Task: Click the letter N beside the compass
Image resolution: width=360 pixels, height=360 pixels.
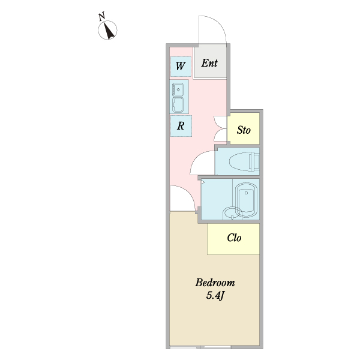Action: [x=102, y=17]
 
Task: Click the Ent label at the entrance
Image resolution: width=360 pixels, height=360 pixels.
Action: [x=209, y=63]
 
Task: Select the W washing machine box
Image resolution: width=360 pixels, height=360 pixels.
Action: [x=181, y=67]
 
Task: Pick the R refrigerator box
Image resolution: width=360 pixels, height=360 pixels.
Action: [x=181, y=126]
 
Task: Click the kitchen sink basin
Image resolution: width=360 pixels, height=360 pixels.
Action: [x=178, y=89]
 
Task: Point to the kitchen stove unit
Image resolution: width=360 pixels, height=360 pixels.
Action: [x=178, y=105]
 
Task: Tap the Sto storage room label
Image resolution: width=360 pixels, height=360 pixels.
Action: [x=244, y=130]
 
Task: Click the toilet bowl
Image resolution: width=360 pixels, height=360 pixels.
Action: [x=244, y=161]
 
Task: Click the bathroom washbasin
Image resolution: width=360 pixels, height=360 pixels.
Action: [x=232, y=213]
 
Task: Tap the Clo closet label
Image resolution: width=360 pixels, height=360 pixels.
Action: [x=234, y=238]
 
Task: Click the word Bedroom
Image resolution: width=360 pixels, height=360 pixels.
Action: [x=215, y=283]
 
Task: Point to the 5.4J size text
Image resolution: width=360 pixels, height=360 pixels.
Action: [x=215, y=295]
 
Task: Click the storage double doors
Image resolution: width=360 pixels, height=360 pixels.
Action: [x=220, y=128]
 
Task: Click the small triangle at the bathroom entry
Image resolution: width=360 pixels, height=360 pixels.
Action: [x=203, y=182]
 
